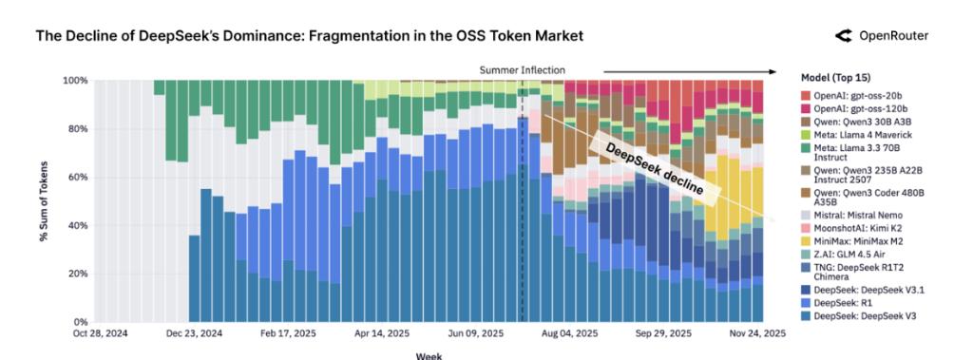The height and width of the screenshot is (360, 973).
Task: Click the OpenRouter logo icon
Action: [x=843, y=36]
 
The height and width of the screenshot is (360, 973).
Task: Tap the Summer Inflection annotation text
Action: [x=522, y=70]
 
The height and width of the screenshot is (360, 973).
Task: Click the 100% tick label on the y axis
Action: [x=75, y=81]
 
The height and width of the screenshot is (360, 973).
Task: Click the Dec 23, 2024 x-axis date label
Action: [x=194, y=334]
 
